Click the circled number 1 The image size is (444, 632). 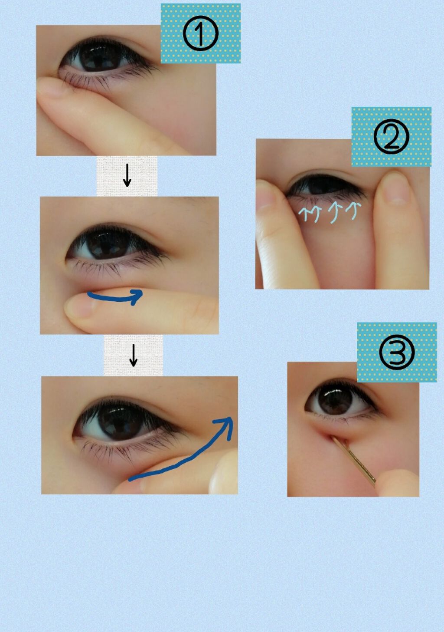tap(200, 33)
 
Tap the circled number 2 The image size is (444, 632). tap(391, 136)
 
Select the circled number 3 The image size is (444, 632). tap(397, 352)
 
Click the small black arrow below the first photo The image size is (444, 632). tap(127, 175)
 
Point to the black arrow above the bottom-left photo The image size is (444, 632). tap(134, 355)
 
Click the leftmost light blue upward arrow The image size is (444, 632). tap(304, 214)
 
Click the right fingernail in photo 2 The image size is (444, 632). tap(395, 189)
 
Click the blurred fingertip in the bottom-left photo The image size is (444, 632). tap(224, 473)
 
